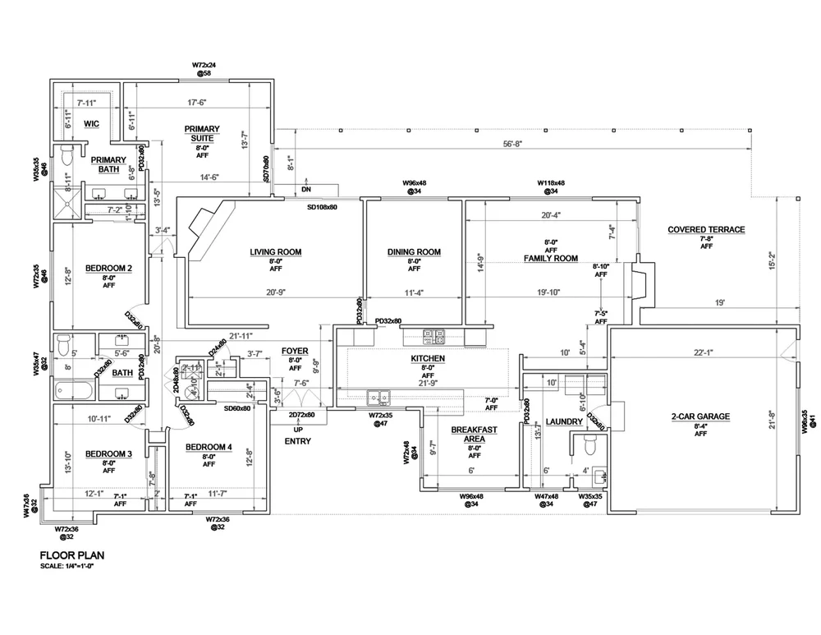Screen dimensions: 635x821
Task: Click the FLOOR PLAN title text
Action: click(71, 555)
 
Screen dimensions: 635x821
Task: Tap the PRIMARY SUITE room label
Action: click(202, 133)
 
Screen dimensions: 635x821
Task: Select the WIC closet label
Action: click(91, 124)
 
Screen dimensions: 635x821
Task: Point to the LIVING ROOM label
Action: click(276, 252)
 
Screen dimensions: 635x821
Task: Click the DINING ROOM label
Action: click(414, 252)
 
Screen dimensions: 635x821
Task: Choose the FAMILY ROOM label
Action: click(551, 258)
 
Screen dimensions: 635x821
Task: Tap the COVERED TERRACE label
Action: click(706, 230)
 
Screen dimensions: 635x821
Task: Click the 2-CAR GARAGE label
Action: click(700, 416)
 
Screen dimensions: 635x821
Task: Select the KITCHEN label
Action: click(428, 359)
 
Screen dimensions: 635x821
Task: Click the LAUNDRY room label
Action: click(563, 422)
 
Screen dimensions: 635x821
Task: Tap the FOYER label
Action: click(295, 351)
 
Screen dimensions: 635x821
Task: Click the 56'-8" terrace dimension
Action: click(514, 144)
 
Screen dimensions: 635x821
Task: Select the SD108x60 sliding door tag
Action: click(323, 207)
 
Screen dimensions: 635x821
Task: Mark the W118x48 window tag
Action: click(552, 183)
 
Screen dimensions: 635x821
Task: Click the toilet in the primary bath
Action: click(67, 154)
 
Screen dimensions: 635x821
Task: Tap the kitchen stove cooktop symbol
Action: click(433, 336)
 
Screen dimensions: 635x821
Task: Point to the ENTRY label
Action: click(296, 441)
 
